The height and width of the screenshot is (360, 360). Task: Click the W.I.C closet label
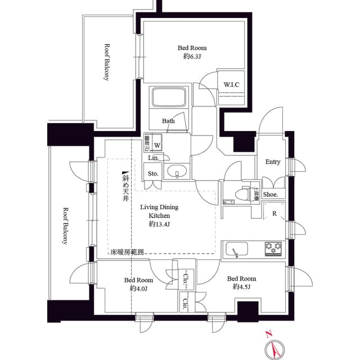[231, 85]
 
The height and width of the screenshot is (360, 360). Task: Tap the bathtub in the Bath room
[167, 100]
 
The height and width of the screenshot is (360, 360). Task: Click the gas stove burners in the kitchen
[273, 247]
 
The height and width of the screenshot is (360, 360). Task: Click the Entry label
[273, 162]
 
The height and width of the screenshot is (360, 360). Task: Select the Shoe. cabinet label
[271, 194]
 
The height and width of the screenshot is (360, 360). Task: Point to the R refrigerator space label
[274, 214]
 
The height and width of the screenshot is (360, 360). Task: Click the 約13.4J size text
[159, 224]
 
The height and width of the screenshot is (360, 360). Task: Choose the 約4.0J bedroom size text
[138, 289]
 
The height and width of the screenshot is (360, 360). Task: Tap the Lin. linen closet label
[153, 159]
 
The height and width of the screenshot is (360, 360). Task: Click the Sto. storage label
[153, 174]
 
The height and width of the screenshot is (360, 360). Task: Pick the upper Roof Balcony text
[106, 62]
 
